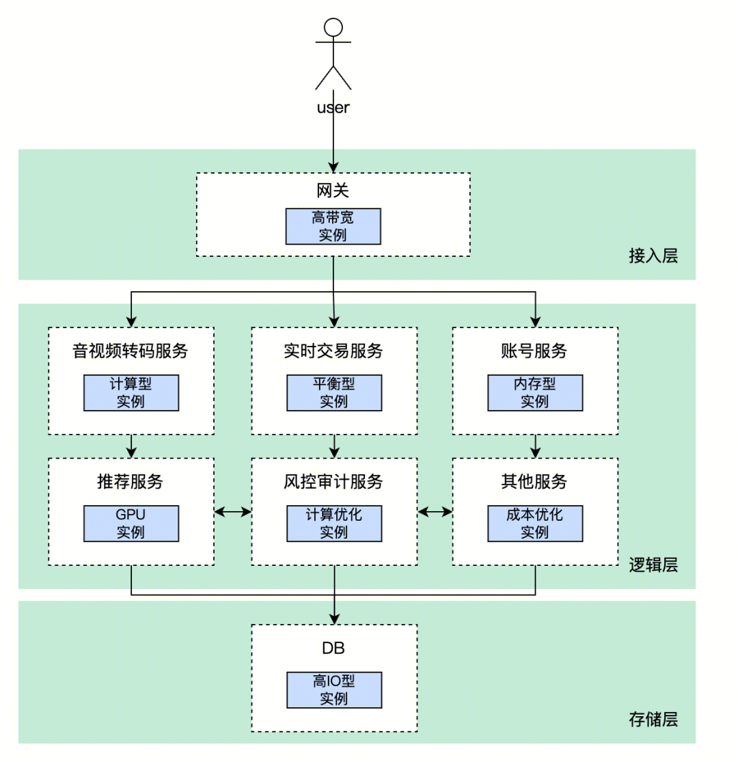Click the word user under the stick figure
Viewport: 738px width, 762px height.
(x=333, y=107)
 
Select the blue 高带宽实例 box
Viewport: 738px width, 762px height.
(x=333, y=226)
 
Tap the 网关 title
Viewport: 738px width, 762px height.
(x=333, y=191)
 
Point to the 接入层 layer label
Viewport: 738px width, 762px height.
(x=653, y=256)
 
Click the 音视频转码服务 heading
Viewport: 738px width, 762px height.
(x=131, y=351)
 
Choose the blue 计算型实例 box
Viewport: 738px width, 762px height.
(x=131, y=393)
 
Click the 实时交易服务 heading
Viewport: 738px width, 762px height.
(x=333, y=351)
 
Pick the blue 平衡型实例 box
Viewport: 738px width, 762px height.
(x=333, y=393)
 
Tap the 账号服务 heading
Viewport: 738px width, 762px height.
(x=534, y=351)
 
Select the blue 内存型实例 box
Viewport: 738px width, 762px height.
(x=535, y=393)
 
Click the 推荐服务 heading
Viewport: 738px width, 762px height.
(x=131, y=482)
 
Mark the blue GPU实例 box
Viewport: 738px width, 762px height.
(x=131, y=523)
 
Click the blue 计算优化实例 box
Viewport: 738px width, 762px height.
(x=333, y=523)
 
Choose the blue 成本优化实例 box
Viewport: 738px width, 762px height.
(x=535, y=523)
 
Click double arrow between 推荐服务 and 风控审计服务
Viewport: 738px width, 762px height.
(x=233, y=511)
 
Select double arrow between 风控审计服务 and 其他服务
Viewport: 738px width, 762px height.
(x=435, y=511)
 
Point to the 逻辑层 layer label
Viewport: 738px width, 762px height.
(x=653, y=565)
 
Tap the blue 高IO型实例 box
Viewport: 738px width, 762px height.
(x=333, y=690)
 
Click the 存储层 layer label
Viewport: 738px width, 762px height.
(x=653, y=720)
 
